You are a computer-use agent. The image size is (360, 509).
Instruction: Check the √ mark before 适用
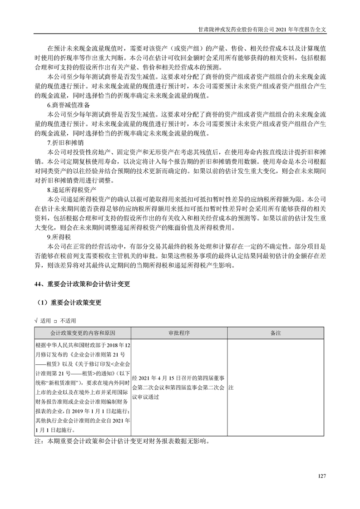click(36, 320)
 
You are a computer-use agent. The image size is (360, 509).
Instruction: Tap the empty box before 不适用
click(56, 320)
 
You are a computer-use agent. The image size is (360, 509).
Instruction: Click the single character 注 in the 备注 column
click(232, 389)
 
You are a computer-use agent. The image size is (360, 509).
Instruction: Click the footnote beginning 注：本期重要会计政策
click(123, 440)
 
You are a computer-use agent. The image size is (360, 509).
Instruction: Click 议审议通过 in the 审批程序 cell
click(145, 396)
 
